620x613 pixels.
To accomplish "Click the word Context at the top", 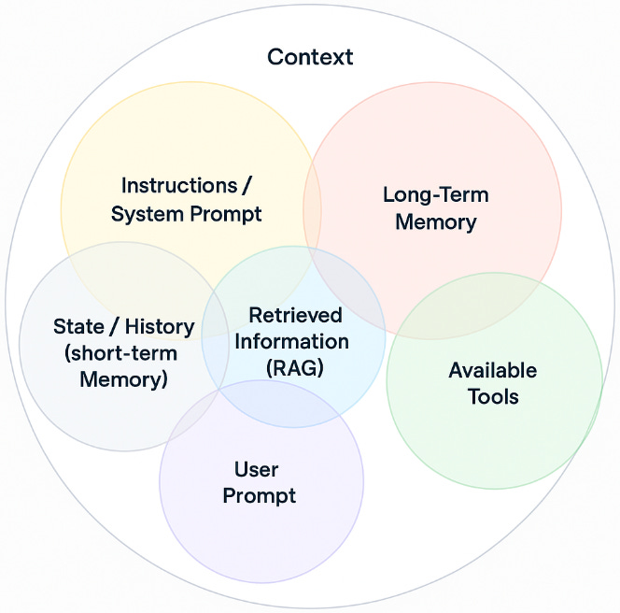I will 310,57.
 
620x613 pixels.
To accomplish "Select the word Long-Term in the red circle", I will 435,195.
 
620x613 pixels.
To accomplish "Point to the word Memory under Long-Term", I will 435,222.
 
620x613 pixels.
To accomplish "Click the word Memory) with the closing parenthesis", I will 123,379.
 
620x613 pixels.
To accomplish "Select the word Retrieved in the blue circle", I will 295,315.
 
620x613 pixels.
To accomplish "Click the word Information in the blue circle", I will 291,341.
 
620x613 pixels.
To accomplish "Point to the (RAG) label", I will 294,367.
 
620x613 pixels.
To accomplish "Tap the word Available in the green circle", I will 492,370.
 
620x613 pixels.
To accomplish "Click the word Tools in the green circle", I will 493,396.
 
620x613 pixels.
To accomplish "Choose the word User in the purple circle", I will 257,469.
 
